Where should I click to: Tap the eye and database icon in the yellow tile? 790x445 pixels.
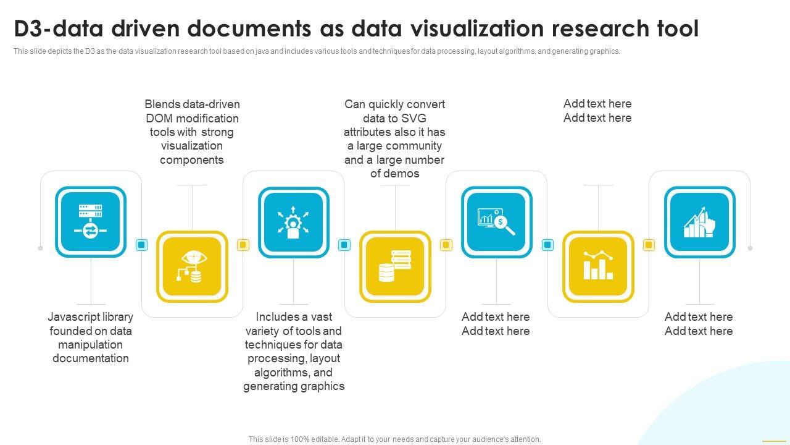(x=192, y=266)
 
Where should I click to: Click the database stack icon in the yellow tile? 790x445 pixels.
(x=395, y=266)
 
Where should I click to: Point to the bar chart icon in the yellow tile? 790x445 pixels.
(x=597, y=266)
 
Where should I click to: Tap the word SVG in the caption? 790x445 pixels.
(x=414, y=118)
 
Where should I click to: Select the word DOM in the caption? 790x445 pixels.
(x=159, y=118)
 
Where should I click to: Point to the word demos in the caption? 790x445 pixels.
(x=404, y=174)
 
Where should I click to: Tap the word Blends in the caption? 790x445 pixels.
(x=162, y=104)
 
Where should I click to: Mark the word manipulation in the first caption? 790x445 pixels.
(x=90, y=345)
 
